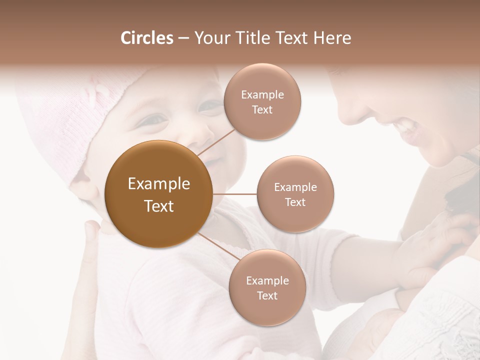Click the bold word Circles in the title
point(146,38)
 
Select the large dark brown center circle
point(159,194)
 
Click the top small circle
point(262,102)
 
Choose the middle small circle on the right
point(295,194)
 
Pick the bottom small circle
point(267,288)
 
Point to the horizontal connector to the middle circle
point(235,194)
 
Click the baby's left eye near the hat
point(155,120)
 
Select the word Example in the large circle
point(159,184)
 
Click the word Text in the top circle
point(262,109)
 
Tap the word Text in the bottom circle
point(267,295)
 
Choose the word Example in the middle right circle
point(295,187)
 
